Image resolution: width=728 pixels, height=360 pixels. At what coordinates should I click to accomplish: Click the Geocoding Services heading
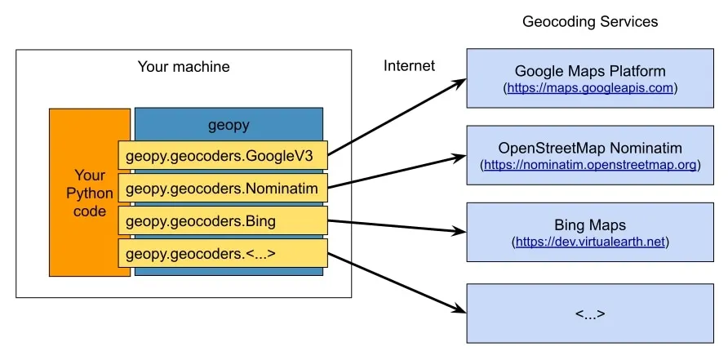tap(590, 21)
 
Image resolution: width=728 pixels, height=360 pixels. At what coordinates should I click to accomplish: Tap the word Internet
tap(409, 66)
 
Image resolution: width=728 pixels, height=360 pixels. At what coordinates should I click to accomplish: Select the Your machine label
tap(184, 67)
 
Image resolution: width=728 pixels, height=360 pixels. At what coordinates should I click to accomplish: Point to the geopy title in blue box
tap(229, 126)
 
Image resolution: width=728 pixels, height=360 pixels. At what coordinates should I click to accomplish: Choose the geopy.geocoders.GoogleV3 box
tap(222, 155)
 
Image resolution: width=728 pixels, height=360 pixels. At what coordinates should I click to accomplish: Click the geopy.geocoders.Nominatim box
tap(222, 189)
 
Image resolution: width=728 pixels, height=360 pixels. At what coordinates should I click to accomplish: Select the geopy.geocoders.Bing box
tap(222, 220)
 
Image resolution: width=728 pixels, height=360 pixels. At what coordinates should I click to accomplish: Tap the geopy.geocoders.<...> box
tap(222, 253)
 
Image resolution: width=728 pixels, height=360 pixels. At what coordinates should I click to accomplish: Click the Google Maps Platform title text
tap(590, 71)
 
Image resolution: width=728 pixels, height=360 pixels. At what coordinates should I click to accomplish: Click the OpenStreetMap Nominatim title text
tap(590, 148)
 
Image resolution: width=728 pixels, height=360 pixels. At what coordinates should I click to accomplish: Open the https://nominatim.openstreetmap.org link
tap(591, 165)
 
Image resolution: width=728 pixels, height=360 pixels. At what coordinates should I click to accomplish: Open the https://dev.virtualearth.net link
tap(591, 242)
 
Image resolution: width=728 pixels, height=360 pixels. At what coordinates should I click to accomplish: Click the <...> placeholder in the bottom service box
tap(590, 313)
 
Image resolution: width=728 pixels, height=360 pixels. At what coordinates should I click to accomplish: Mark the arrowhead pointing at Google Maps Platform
tap(459, 82)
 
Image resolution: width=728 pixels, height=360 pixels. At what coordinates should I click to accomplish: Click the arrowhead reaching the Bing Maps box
tap(459, 232)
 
